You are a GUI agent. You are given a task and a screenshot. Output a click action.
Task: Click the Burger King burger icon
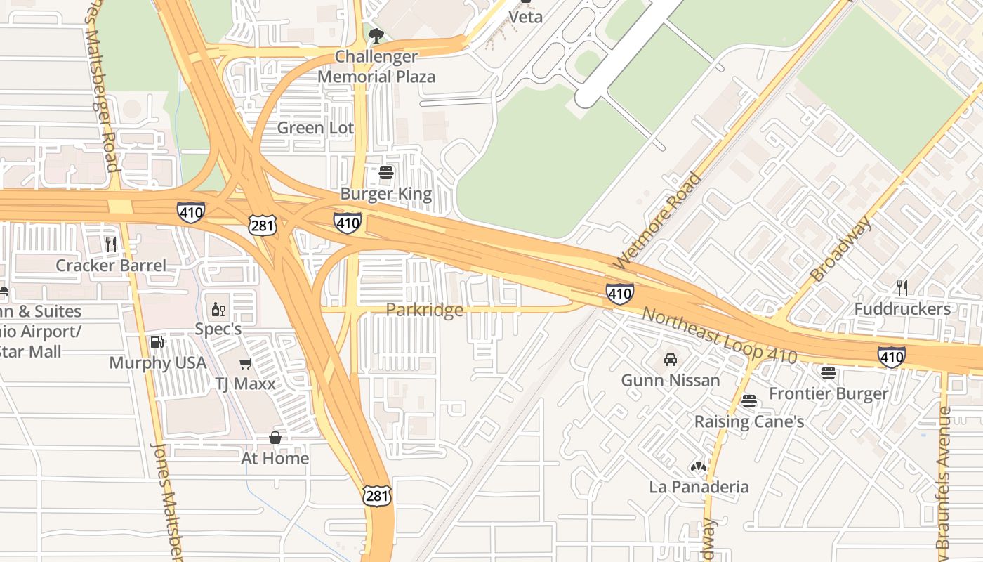coord(386,173)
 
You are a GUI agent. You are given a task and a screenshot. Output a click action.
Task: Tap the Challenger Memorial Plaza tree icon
coord(376,35)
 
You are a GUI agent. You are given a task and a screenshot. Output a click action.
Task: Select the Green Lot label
coord(315,128)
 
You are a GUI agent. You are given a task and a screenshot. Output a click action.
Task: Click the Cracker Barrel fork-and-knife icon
coord(111,244)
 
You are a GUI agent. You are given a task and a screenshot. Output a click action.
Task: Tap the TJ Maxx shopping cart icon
coord(245,363)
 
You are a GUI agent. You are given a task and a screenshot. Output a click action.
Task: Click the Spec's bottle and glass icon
coord(218,309)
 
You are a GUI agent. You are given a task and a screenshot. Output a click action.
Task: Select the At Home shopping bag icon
coord(275,438)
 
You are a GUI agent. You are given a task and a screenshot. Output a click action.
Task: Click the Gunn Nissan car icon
coord(671,360)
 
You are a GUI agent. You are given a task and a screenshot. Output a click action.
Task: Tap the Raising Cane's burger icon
coord(749,401)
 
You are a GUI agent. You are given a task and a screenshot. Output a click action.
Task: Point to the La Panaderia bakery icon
coord(698,466)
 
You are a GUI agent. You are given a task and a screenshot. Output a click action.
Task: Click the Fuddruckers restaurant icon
coord(902,287)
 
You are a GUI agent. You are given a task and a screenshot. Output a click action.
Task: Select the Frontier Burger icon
coord(829,373)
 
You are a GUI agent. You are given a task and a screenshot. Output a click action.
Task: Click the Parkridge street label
coord(424,310)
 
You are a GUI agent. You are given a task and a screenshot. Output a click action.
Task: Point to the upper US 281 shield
coord(262,226)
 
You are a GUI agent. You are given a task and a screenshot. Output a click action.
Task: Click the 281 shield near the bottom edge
coord(376,496)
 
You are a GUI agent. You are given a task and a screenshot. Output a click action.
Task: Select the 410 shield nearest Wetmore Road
coord(620,294)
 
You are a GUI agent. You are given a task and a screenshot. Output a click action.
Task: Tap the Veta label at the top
coord(525,16)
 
